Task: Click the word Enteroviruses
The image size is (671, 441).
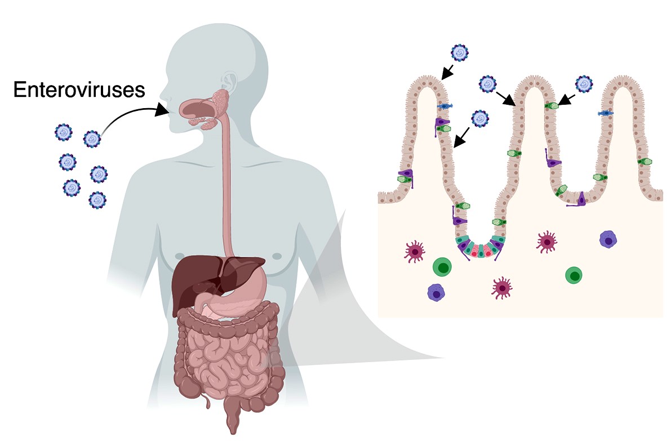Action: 79,90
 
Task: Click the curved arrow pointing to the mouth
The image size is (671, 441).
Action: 128,112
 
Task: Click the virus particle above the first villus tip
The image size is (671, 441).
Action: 460,52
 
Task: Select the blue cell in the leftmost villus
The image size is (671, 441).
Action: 445,106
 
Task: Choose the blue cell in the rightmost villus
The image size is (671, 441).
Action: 605,113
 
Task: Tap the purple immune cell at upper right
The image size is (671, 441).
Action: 608,239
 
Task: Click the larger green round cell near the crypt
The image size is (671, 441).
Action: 442,268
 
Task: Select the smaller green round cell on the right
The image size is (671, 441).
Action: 574,275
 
